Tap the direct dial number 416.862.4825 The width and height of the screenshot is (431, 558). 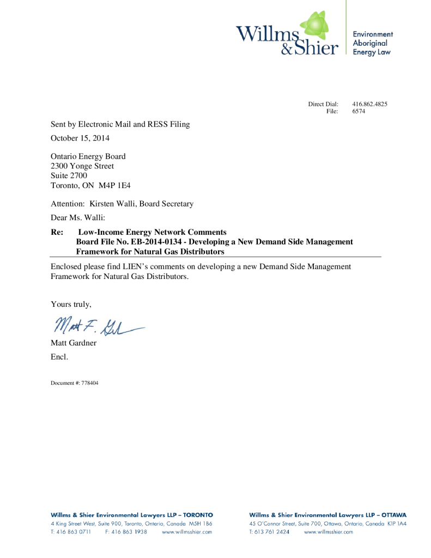(x=369, y=104)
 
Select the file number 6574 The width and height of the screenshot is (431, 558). (x=359, y=111)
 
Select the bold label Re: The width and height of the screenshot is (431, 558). (x=57, y=232)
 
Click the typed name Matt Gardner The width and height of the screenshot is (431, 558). (x=74, y=343)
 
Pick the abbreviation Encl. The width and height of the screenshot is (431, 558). (x=59, y=357)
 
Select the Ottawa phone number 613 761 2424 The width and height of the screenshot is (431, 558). (x=269, y=532)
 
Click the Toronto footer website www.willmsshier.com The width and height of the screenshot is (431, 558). (x=187, y=532)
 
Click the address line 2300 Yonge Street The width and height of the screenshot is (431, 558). (x=82, y=166)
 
